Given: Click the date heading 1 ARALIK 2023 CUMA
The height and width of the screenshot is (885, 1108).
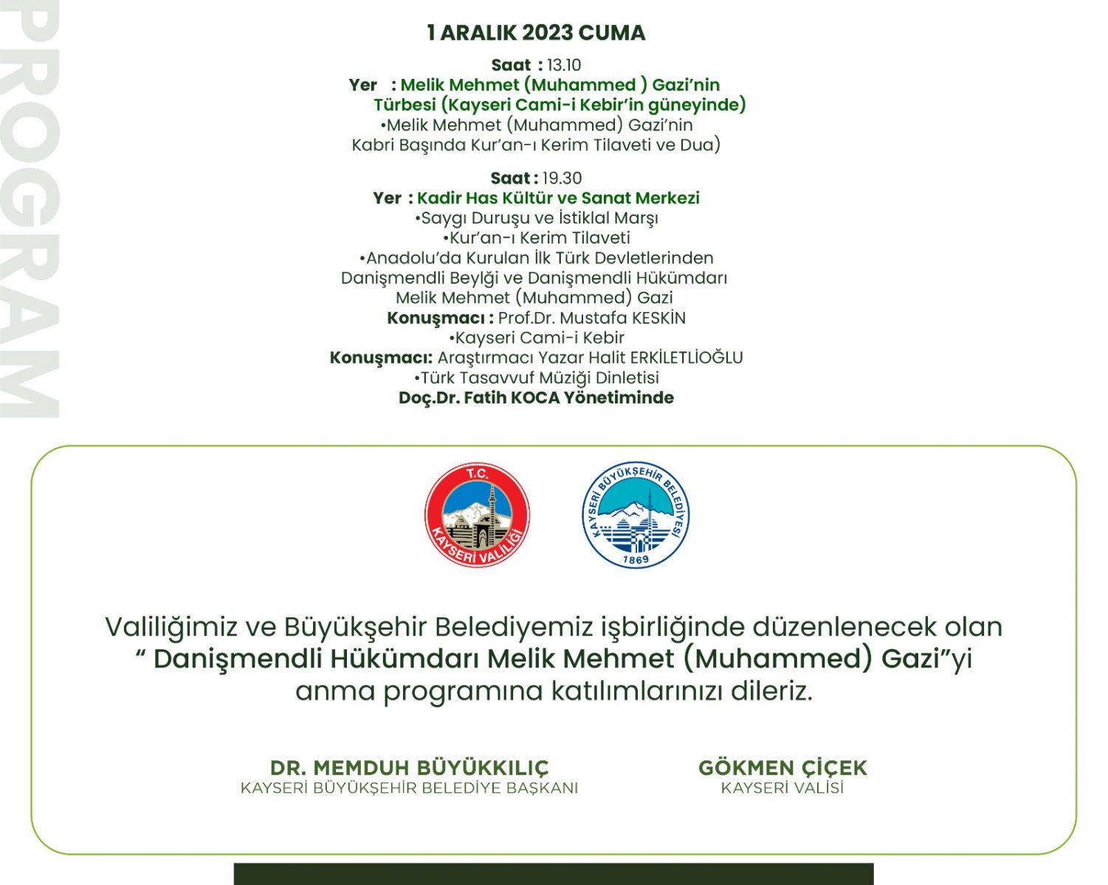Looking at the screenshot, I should (x=536, y=32).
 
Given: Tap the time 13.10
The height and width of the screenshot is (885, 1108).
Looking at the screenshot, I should (x=564, y=65).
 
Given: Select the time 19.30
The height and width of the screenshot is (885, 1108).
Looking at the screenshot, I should (x=562, y=178).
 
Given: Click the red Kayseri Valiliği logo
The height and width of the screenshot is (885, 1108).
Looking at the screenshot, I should (x=478, y=515).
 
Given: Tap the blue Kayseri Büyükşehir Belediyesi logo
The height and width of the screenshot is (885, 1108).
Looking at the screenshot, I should (x=636, y=515).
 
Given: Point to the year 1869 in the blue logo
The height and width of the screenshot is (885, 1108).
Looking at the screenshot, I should (x=636, y=560).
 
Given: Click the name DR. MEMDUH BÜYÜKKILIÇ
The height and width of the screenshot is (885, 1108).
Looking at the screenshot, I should (x=409, y=768).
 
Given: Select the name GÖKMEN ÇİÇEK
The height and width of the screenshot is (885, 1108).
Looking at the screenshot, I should (x=782, y=768).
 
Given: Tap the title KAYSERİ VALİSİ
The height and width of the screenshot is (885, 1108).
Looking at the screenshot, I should (x=782, y=788).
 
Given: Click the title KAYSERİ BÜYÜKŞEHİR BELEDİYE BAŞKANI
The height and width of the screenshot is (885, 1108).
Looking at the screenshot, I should (x=409, y=788).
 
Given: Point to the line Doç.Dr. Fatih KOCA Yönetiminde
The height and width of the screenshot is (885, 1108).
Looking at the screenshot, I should (x=536, y=398).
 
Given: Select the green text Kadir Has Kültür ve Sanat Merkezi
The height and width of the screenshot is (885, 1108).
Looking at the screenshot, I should (x=558, y=198).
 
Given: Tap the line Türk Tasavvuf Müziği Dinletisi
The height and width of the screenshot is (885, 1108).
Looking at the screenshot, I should (x=537, y=378).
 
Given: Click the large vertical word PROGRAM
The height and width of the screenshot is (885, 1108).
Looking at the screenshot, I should (x=30, y=210).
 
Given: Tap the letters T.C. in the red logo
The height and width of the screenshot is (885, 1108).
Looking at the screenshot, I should (x=478, y=474).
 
